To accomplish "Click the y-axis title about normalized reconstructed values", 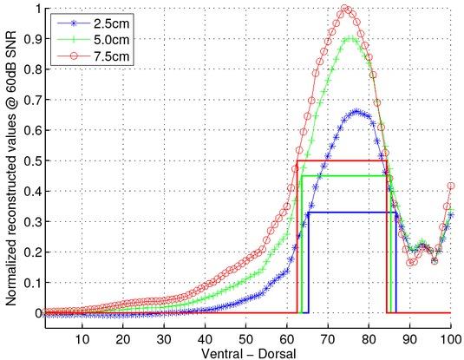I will tap(11, 165).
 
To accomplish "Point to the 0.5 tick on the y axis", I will tap(30, 161).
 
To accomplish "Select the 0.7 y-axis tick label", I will tap(30, 101).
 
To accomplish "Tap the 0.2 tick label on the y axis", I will tap(30, 252).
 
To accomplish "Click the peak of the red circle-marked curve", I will tap(346, 10).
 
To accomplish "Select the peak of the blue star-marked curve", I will tap(356, 111).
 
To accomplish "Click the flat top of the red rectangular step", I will tap(342, 160).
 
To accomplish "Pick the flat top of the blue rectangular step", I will tap(351, 213).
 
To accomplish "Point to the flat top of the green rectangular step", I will tap(346, 176).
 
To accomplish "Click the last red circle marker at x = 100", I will tap(451, 186).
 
